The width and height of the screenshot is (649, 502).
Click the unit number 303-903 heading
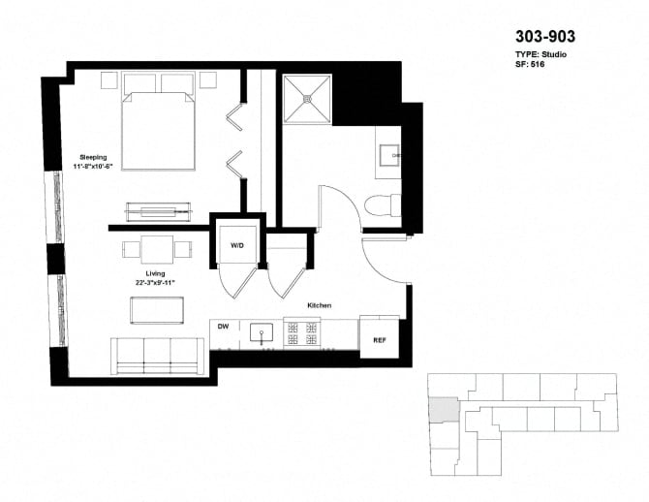[544, 37]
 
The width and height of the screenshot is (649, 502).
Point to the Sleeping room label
[93, 157]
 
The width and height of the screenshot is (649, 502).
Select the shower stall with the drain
[307, 98]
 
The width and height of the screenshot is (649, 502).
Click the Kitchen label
[320, 304]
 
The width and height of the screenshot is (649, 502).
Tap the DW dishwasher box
[222, 328]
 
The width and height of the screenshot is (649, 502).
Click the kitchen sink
[262, 333]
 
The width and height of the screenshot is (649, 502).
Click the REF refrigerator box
[379, 339]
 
